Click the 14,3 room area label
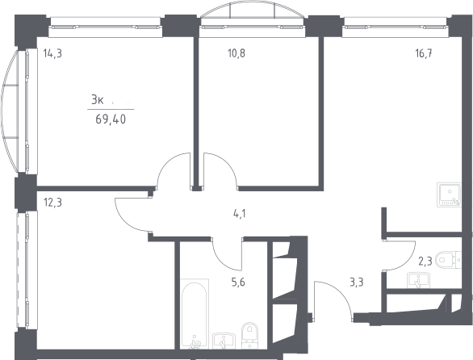click(52, 54)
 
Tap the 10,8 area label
click(236, 53)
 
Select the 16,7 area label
click(424, 53)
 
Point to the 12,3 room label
click(52, 203)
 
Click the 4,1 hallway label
click(240, 214)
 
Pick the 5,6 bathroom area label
click(238, 283)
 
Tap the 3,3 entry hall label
click(356, 283)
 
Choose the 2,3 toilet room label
click(425, 261)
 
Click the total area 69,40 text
click(111, 119)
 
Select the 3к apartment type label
click(98, 100)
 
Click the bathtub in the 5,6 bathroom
click(195, 313)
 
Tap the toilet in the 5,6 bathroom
click(249, 336)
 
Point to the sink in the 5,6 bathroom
click(223, 341)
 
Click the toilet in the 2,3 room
click(450, 259)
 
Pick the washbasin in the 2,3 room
click(418, 280)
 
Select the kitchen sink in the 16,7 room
click(449, 195)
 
